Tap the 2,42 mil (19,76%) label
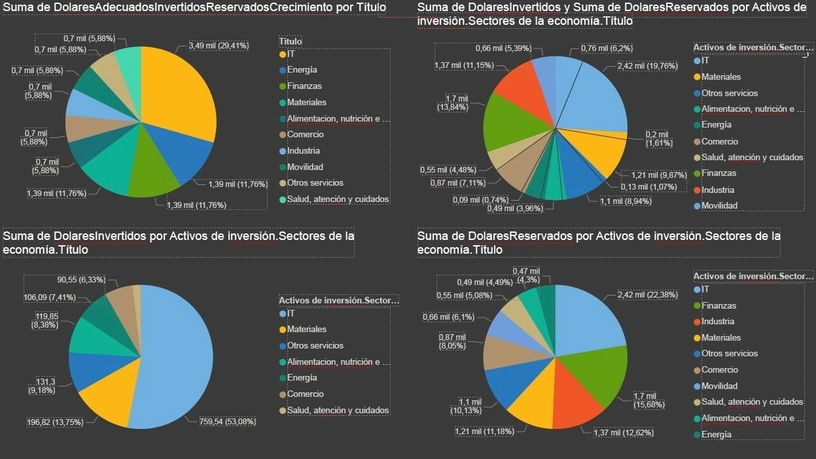[x=648, y=65]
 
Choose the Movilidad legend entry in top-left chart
[x=306, y=167]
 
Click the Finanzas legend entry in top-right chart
[x=718, y=173]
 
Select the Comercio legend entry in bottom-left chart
[x=306, y=394]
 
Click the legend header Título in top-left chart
[x=291, y=41]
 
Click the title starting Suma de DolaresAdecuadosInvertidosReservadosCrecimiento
[x=194, y=8]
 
